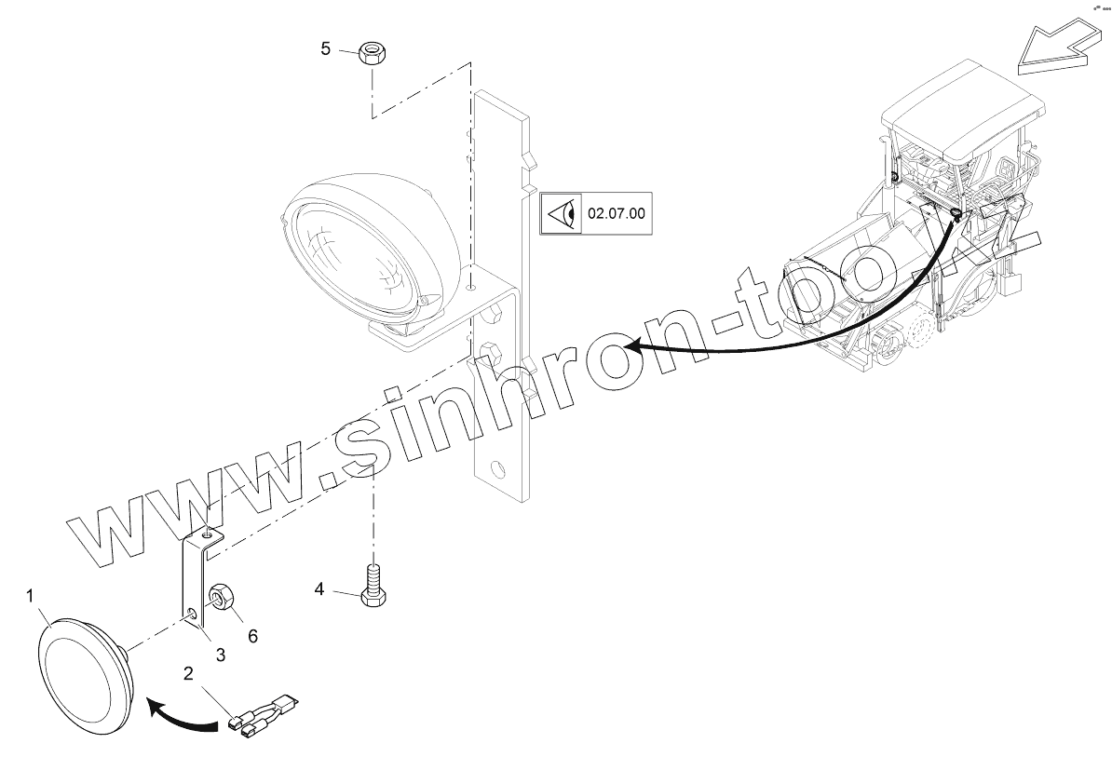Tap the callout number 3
coord(221,655)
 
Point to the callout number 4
coord(319,589)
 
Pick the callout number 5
coord(325,48)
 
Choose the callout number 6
coord(251,636)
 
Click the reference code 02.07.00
coord(616,213)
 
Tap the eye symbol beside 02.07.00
coord(563,214)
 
